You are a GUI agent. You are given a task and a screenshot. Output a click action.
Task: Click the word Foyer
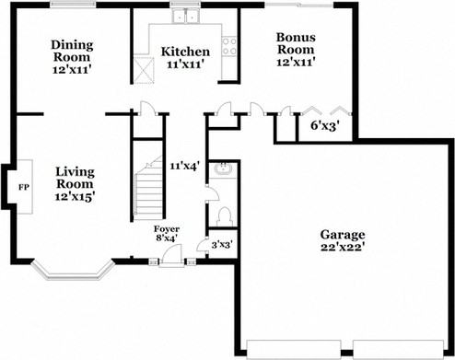pyautogui.click(x=167, y=227)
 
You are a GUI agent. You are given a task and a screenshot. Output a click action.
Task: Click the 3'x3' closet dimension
pyautogui.click(x=222, y=245)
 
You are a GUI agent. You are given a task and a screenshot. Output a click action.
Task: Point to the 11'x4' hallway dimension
pyautogui.click(x=185, y=166)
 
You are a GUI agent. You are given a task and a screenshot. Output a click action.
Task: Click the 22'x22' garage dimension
pyautogui.click(x=343, y=249)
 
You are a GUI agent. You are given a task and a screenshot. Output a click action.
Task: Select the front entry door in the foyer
pyautogui.click(x=169, y=261)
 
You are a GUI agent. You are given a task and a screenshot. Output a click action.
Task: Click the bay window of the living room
pyautogui.click(x=72, y=273)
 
